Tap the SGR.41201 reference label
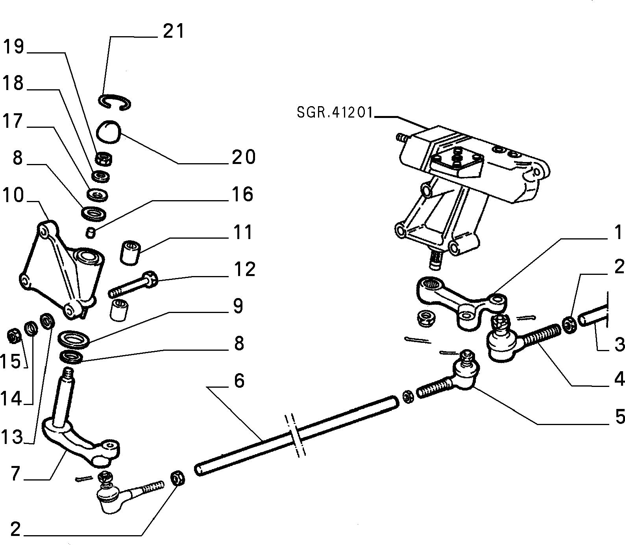(335, 113)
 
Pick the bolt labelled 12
(133, 285)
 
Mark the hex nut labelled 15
(15, 337)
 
